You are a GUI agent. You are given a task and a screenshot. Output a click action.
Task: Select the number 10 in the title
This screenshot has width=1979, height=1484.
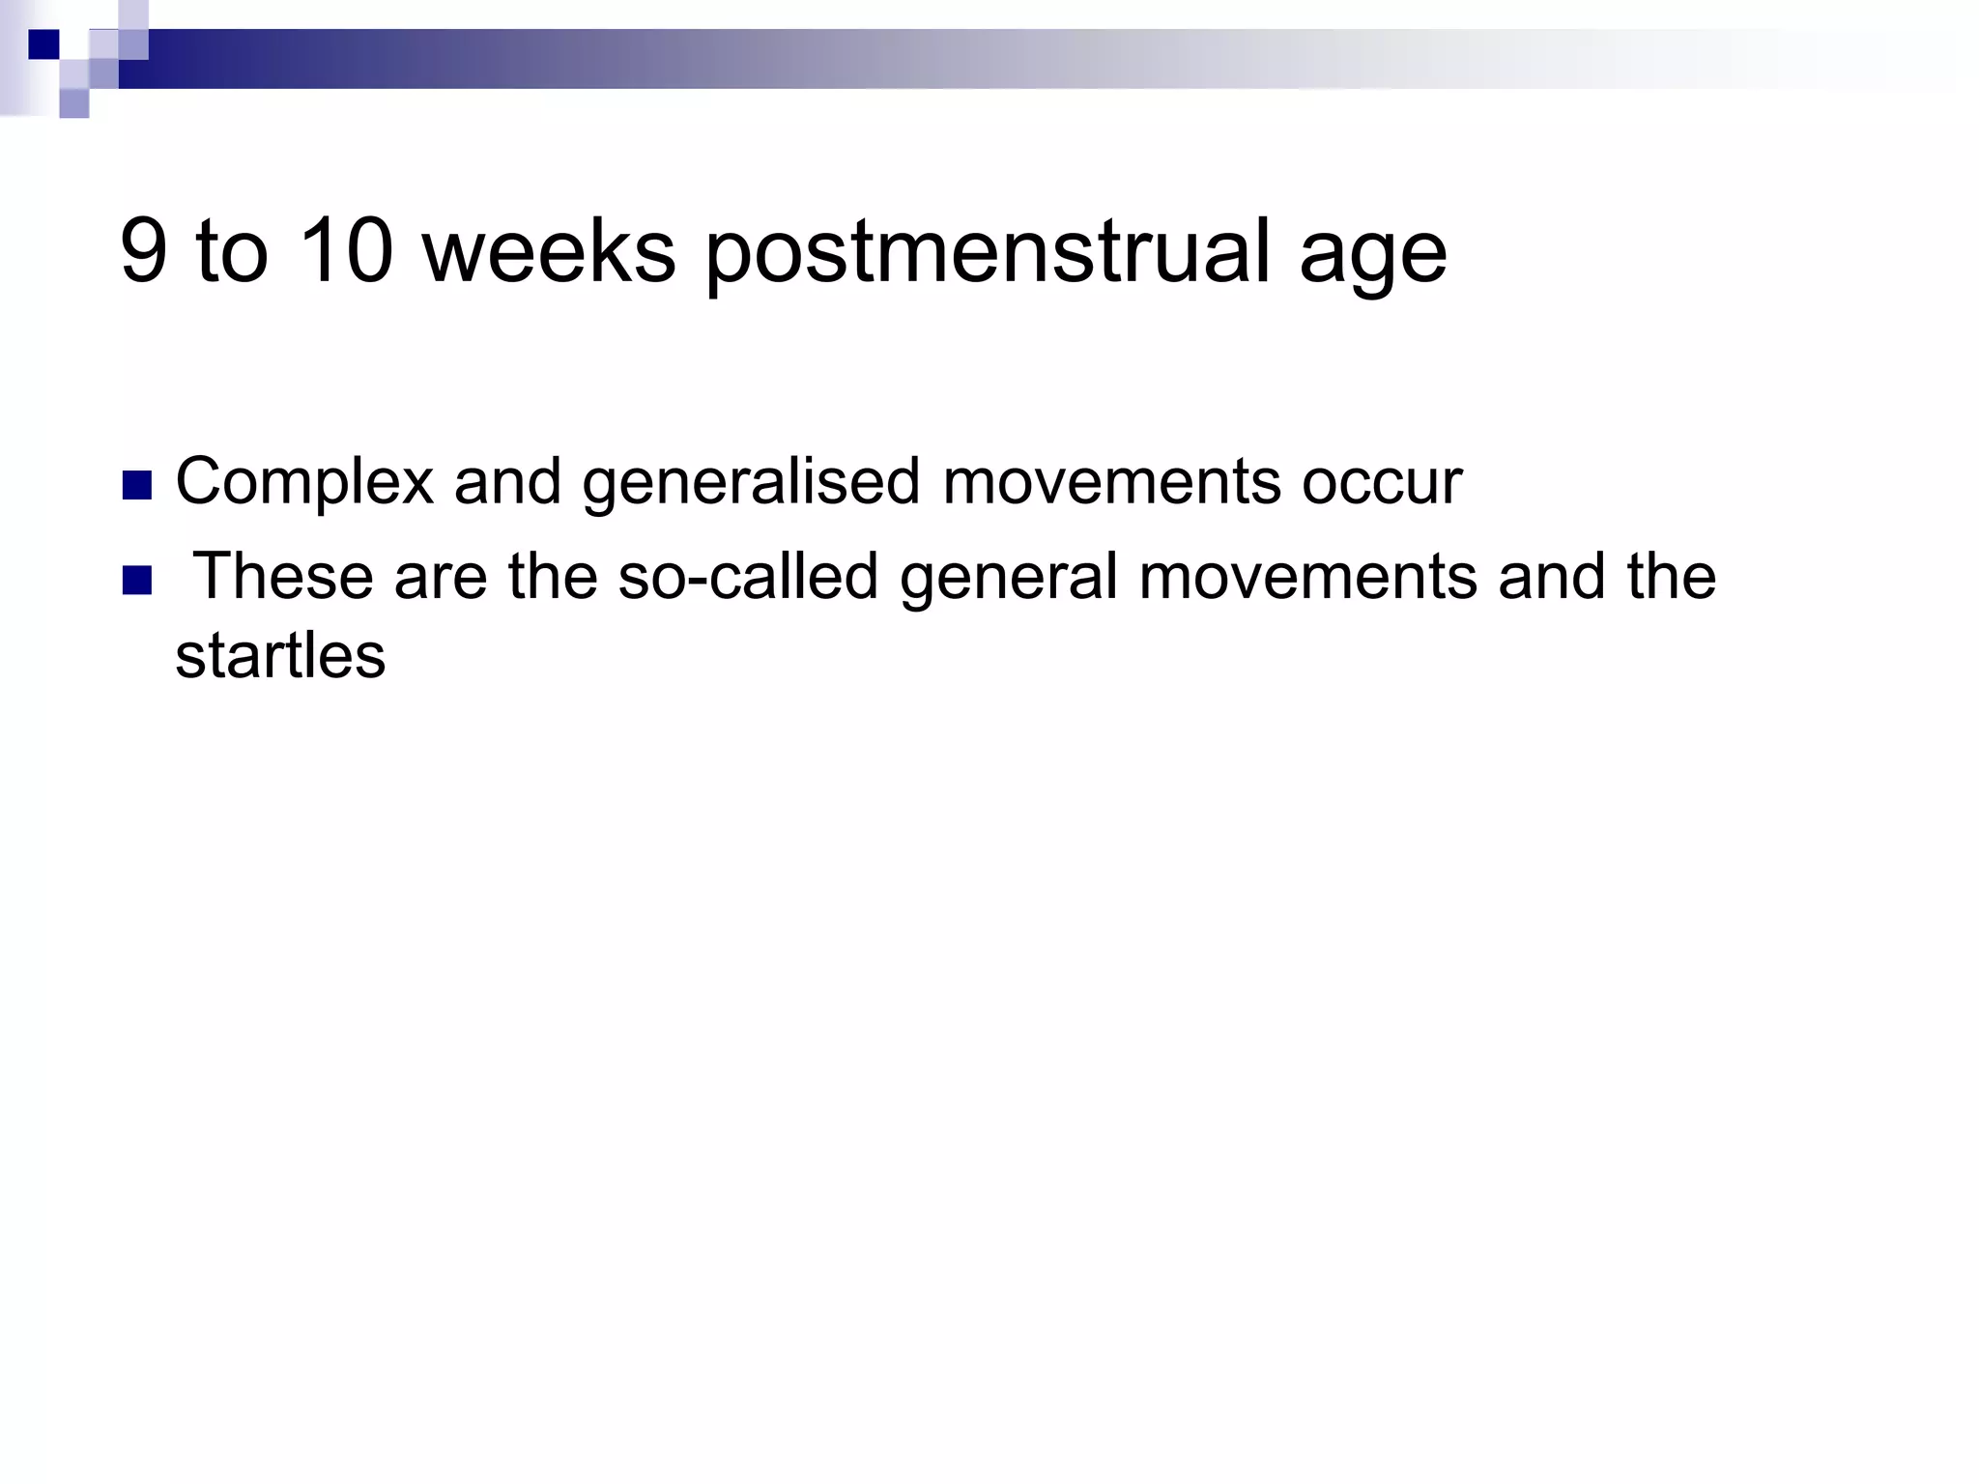coord(346,250)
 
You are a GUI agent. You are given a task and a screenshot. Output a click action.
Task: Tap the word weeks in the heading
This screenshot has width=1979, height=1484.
coord(549,250)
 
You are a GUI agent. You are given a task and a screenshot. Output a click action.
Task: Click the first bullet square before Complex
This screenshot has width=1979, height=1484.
coord(138,485)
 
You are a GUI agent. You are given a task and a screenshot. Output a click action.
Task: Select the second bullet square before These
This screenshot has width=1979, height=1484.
coord(138,580)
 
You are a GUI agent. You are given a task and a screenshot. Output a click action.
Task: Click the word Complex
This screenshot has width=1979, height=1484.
coord(304,482)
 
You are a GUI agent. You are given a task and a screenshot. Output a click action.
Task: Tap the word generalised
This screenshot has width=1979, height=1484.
coord(751,482)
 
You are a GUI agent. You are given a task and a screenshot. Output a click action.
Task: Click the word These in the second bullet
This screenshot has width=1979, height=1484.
coord(283,576)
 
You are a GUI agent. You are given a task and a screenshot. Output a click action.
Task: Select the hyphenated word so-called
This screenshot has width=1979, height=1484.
coord(747,576)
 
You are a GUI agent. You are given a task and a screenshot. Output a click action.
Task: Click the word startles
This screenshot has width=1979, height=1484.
coord(280,656)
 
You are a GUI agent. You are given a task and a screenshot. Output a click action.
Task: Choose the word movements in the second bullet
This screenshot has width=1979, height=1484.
coord(1307,576)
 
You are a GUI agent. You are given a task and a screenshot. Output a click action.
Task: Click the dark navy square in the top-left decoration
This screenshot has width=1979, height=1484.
coord(43,43)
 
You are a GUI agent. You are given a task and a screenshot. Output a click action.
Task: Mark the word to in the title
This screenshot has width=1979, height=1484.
coord(232,250)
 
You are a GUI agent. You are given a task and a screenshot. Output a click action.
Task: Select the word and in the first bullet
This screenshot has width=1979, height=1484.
coord(507,481)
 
